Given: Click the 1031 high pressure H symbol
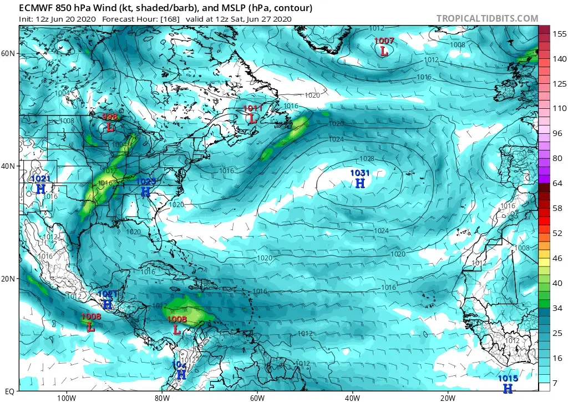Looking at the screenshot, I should pyautogui.click(x=360, y=183).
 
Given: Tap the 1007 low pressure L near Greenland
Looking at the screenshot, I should pyautogui.click(x=384, y=51).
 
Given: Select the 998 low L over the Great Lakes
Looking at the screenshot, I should pyautogui.click(x=110, y=127).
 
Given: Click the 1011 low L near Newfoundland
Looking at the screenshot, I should pyautogui.click(x=252, y=118).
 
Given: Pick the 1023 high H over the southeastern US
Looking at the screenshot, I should pyautogui.click(x=145, y=192).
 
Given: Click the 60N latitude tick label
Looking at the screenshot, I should pyautogui.click(x=8, y=53).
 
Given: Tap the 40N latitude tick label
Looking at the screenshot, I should pyautogui.click(x=8, y=166).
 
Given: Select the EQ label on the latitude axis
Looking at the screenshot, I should pyautogui.click(x=9, y=391).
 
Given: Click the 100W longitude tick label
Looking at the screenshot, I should pyautogui.click(x=66, y=398).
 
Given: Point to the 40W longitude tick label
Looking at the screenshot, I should pyautogui.click(x=353, y=398).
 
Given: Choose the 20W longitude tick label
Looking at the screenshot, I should pyautogui.click(x=448, y=398).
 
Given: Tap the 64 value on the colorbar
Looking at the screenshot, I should pyautogui.click(x=556, y=183).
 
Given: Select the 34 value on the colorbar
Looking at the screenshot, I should pyautogui.click(x=556, y=308).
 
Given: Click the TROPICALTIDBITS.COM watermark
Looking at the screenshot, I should pyautogui.click(x=487, y=18).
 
